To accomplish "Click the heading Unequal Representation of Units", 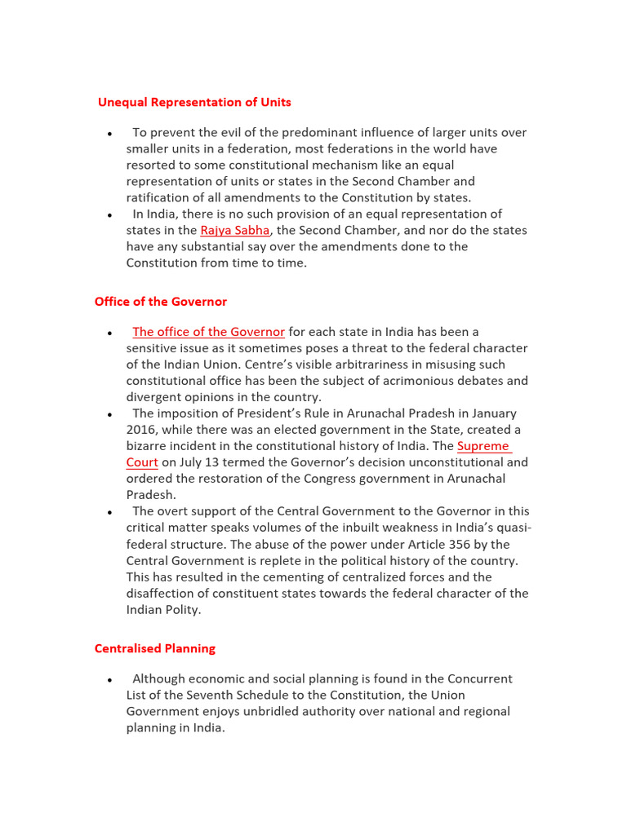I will (194, 102).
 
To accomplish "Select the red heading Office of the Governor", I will (161, 302).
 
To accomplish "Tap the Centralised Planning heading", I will (155, 648).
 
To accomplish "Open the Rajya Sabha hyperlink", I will (234, 230).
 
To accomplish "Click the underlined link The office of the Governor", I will (209, 332).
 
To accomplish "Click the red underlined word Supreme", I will (483, 446).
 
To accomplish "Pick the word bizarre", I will (148, 446).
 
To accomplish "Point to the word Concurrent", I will (482, 678).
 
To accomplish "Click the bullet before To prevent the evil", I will (109, 134).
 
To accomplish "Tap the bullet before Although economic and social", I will (109, 680).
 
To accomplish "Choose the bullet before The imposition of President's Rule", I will (109, 415).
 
